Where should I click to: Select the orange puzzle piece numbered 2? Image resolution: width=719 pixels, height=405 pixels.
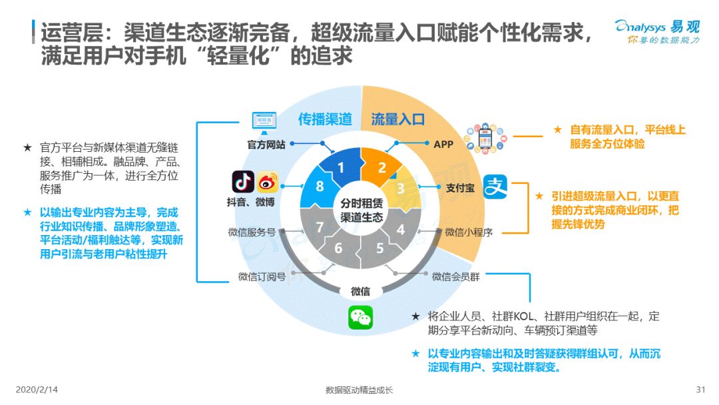[x=380, y=167]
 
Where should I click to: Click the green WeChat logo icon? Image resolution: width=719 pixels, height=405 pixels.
[x=360, y=317]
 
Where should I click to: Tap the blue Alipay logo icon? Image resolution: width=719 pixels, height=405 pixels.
[x=495, y=187]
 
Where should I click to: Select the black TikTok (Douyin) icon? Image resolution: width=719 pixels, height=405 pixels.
[x=242, y=182]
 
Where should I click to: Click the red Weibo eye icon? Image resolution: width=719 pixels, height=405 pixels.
[x=268, y=182]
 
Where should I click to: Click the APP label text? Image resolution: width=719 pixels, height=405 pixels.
[x=443, y=145]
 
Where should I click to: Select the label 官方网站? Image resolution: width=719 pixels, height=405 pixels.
[x=266, y=145]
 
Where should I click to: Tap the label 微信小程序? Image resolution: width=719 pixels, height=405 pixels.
[x=469, y=232]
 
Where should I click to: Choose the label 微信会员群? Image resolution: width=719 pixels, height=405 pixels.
[x=456, y=276]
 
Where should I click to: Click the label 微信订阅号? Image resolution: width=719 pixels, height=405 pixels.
[x=262, y=276]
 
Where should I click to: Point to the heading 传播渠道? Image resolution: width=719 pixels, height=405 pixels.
[x=325, y=119]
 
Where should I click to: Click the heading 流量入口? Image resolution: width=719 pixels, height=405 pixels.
[x=397, y=119]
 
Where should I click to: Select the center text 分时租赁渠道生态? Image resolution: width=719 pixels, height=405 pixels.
[x=361, y=210]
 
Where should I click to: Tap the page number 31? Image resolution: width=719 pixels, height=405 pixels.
[x=700, y=390]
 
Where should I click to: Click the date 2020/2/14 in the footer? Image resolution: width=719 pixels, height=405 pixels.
[x=37, y=390]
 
